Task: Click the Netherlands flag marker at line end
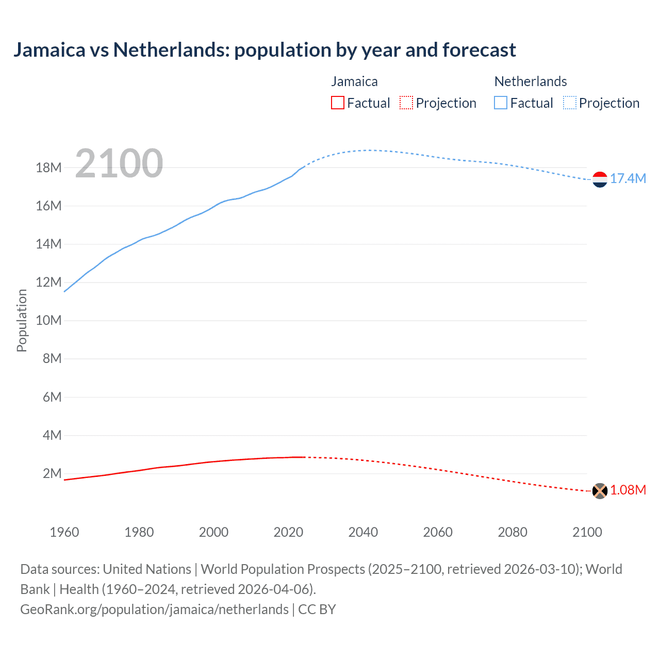pos(600,179)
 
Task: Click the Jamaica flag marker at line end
pos(600,491)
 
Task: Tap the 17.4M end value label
pos(628,179)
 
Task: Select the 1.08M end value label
pos(628,490)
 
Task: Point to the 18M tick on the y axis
pos(48,168)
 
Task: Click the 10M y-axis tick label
pos(48,321)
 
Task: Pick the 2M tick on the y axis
pos(52,474)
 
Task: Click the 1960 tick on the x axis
pos(64,532)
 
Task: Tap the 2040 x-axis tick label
pos(363,532)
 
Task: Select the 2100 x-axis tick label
pos(587,532)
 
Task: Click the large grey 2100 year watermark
pos(119,163)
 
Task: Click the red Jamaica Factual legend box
pos(337,103)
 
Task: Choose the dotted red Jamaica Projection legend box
pos(406,103)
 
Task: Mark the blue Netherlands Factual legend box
pos(501,103)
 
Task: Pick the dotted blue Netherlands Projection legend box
pos(570,103)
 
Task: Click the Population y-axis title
pos(22,321)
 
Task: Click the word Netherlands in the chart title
pos(171,50)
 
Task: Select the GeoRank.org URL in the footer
pos(154,609)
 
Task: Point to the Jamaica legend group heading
pos(354,81)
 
